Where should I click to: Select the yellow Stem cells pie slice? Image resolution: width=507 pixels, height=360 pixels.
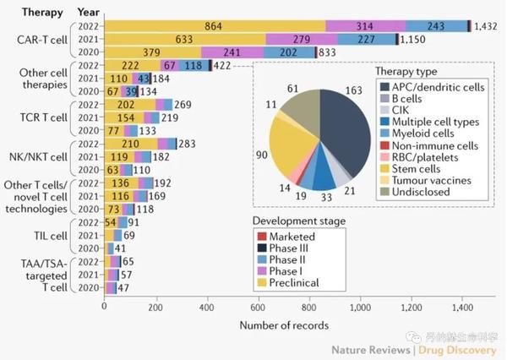(x=296, y=152)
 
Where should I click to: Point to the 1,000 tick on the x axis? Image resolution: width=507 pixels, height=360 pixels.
(x=361, y=307)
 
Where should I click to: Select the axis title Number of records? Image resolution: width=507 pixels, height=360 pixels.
(x=284, y=325)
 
